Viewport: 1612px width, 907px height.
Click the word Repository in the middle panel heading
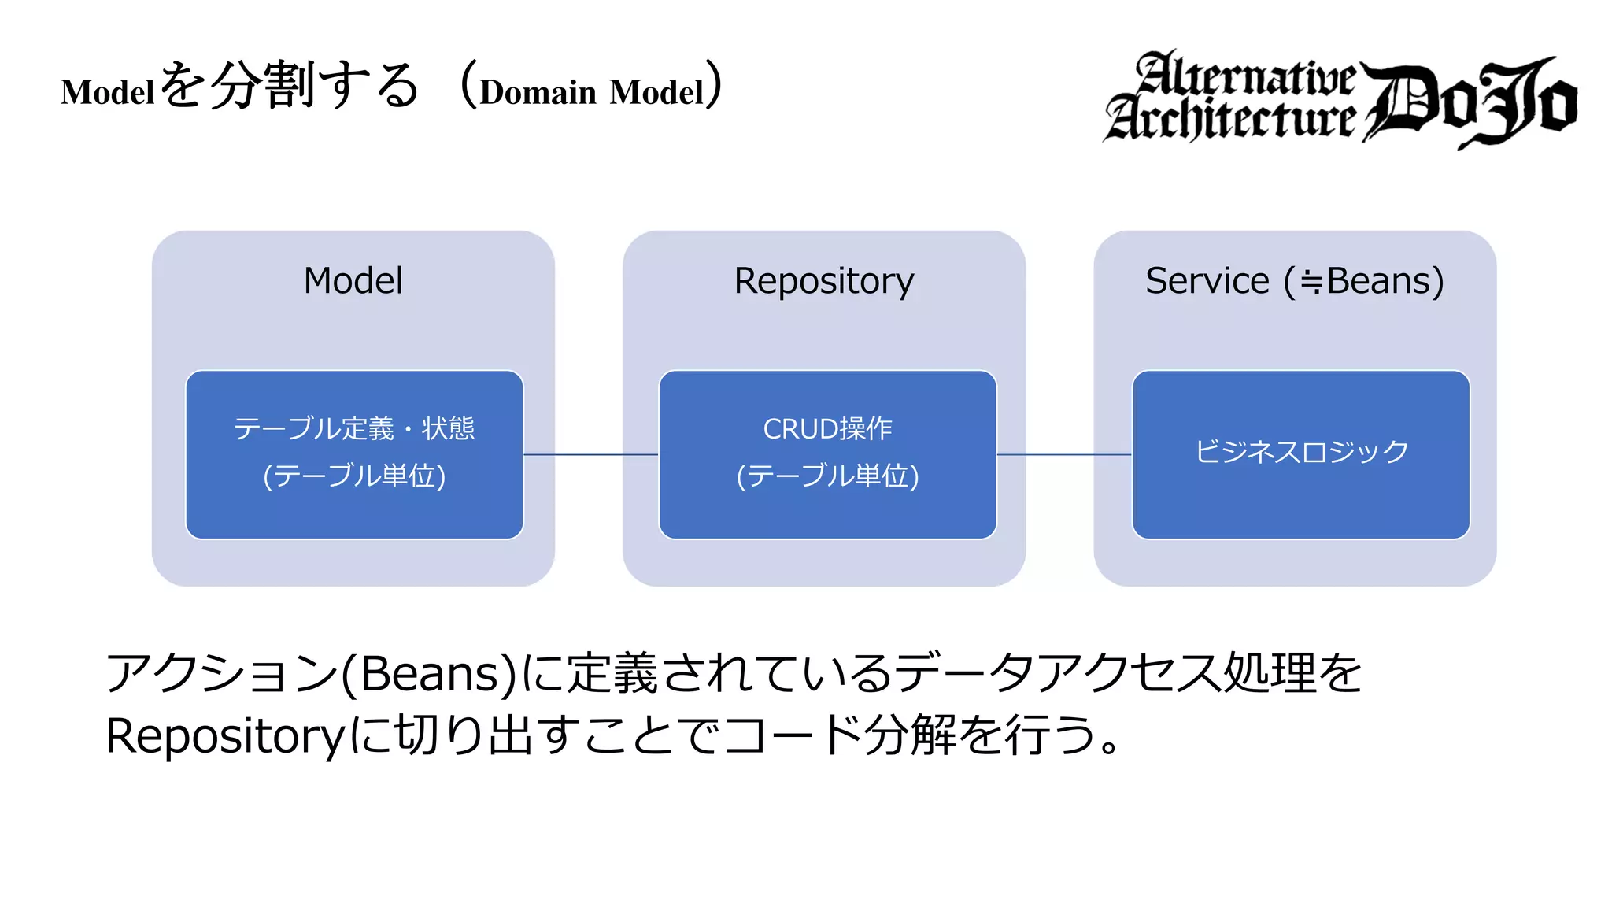(x=823, y=281)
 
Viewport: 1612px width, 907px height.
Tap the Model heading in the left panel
(x=353, y=281)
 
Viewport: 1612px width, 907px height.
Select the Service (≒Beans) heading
(x=1294, y=281)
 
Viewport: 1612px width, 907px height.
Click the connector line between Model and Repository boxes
(x=590, y=454)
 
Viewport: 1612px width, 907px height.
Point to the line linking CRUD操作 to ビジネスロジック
(x=1063, y=454)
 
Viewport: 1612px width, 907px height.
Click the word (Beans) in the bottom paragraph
(x=428, y=674)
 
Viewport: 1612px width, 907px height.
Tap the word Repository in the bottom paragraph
(x=225, y=736)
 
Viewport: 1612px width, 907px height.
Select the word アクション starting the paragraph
(x=220, y=674)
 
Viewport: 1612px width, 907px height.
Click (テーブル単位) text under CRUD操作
(x=827, y=476)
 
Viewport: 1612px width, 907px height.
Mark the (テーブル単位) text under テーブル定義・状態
(x=354, y=476)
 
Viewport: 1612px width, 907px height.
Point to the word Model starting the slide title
(x=108, y=92)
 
